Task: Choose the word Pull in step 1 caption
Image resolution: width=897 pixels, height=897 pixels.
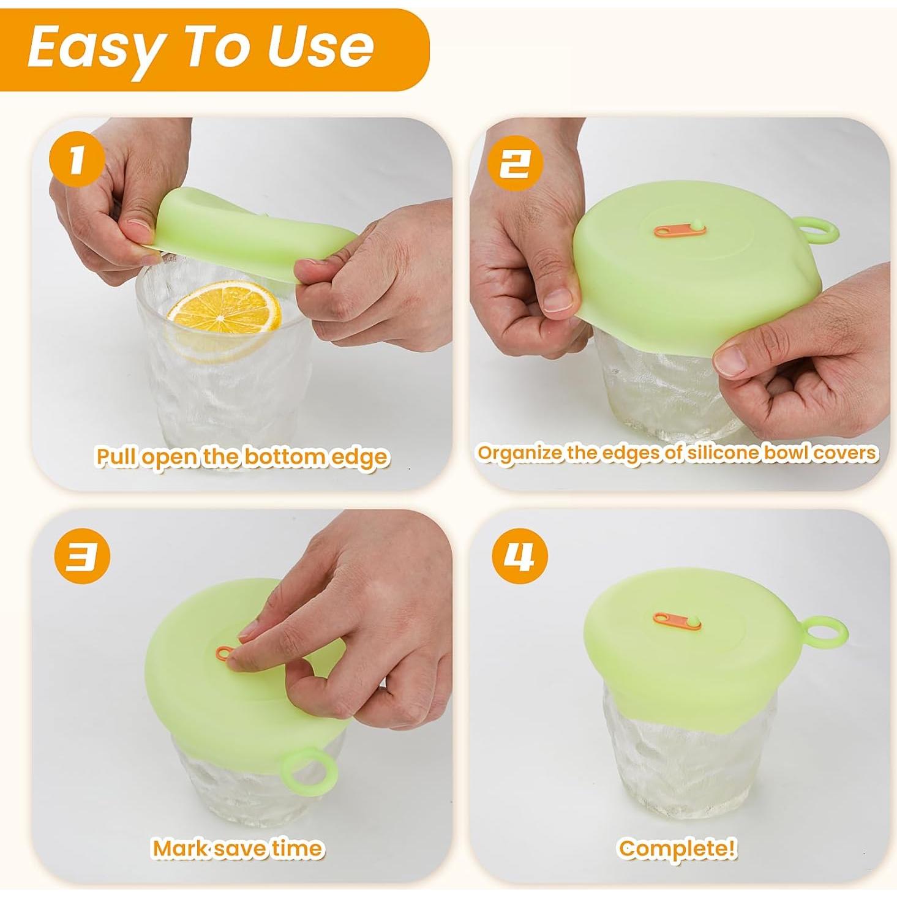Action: (116, 457)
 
